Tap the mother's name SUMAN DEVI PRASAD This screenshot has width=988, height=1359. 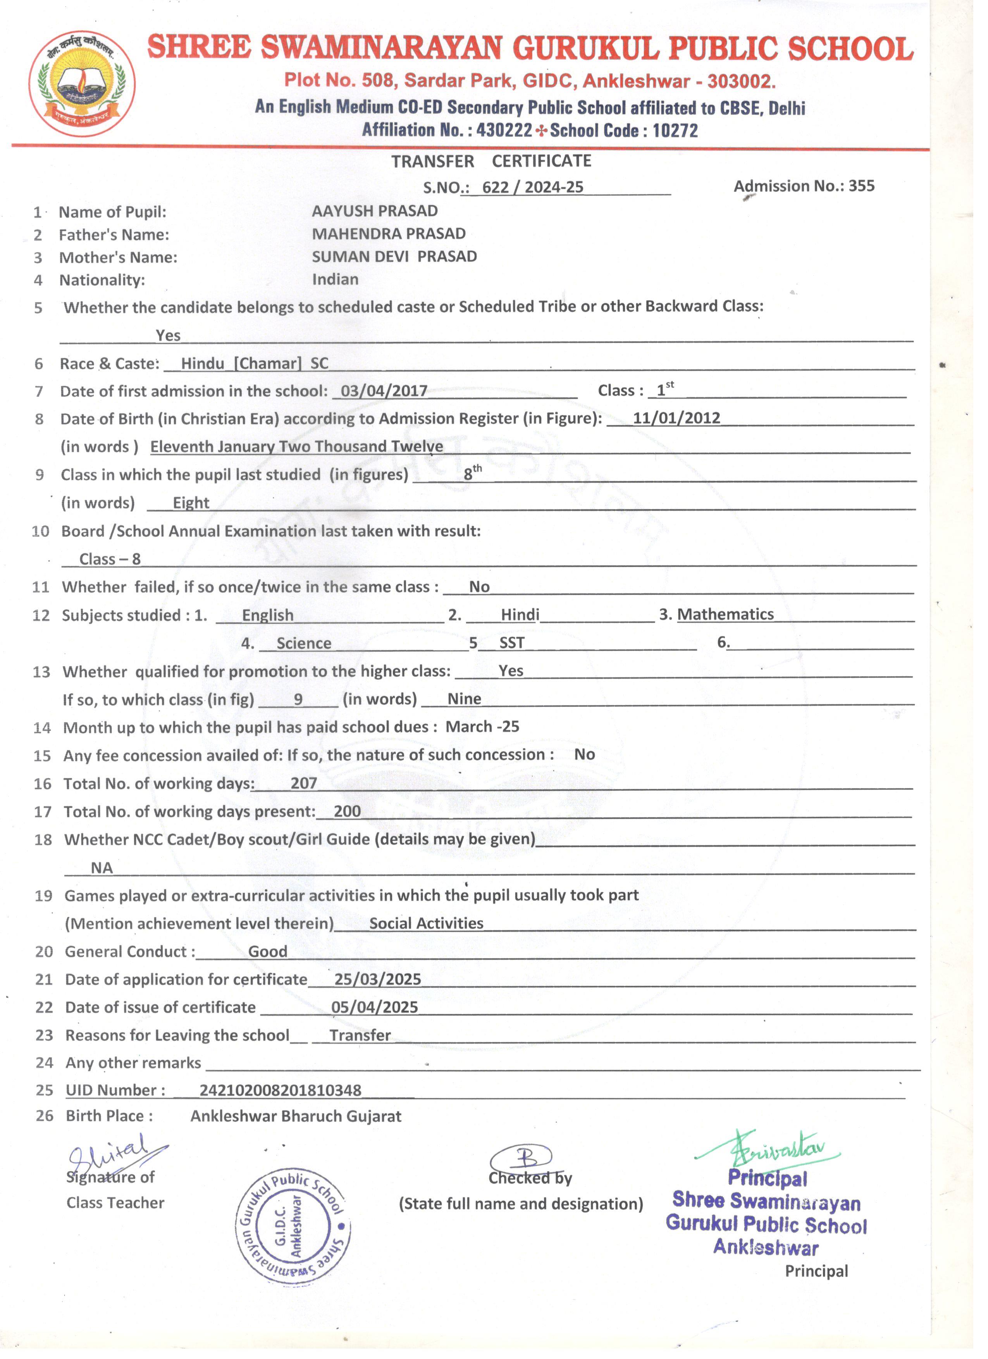[x=394, y=257]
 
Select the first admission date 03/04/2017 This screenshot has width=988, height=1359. [x=384, y=391]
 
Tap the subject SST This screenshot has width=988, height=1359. [x=512, y=643]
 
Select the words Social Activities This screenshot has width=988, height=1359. [x=426, y=923]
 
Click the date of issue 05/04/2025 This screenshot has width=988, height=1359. [x=374, y=1007]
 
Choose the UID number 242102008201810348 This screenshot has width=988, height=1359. [x=281, y=1090]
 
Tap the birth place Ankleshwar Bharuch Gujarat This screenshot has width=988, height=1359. [x=296, y=1116]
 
